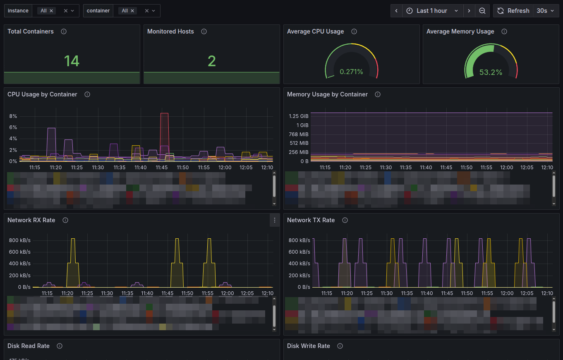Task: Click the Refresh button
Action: pyautogui.click(x=513, y=11)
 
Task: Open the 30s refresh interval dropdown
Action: pyautogui.click(x=546, y=11)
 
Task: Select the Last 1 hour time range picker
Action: pyautogui.click(x=432, y=11)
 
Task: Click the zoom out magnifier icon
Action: pyautogui.click(x=482, y=11)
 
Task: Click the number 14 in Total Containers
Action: pyautogui.click(x=72, y=61)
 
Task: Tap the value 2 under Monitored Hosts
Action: pyautogui.click(x=211, y=61)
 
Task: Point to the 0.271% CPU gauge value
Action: pyautogui.click(x=351, y=72)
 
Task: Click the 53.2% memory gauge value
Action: pyautogui.click(x=491, y=72)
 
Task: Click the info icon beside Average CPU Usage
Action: pyautogui.click(x=354, y=31)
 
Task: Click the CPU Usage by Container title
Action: pyautogui.click(x=42, y=94)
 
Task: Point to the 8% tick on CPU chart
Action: pyautogui.click(x=13, y=116)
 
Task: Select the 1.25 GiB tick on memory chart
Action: pyautogui.click(x=298, y=116)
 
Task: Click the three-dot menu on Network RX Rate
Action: pyautogui.click(x=275, y=220)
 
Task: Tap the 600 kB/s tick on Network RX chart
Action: pyautogui.click(x=19, y=252)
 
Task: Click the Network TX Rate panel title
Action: pyautogui.click(x=311, y=220)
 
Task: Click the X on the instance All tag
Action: pyautogui.click(x=51, y=11)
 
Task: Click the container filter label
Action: pyautogui.click(x=98, y=11)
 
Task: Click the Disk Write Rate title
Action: pyautogui.click(x=308, y=346)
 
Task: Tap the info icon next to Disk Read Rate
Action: pyautogui.click(x=60, y=346)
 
